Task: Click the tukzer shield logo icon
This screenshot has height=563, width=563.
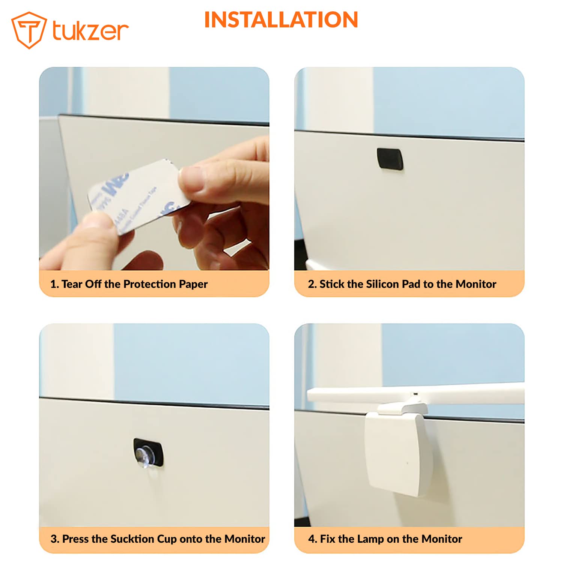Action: [29, 30]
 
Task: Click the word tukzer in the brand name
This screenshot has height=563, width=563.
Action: [90, 30]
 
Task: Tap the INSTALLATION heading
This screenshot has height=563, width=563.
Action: [281, 20]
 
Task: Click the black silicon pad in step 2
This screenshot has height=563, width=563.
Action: [390, 158]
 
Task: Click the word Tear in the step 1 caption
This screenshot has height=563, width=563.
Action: [72, 284]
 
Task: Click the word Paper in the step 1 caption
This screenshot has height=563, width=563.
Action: [193, 284]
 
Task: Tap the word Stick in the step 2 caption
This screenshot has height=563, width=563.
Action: [332, 284]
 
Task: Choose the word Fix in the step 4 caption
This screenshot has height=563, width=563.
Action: [327, 539]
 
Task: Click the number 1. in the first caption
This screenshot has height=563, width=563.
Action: [54, 284]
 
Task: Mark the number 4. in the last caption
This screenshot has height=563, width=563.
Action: [312, 539]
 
